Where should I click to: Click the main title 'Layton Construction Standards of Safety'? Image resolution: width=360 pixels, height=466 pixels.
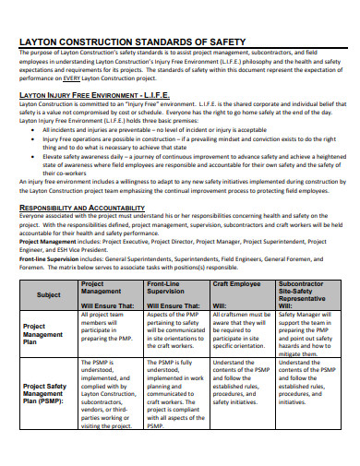(x=132, y=42)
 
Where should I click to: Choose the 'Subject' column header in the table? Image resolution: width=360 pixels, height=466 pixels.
(x=49, y=295)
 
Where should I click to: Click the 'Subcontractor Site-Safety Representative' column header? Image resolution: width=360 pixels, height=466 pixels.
(x=308, y=293)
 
